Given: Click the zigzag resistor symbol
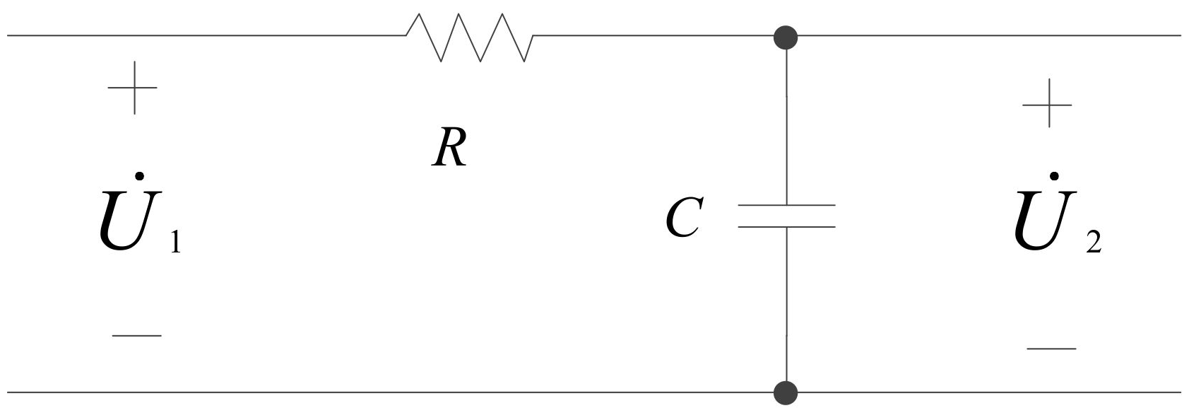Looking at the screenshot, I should coord(470,37).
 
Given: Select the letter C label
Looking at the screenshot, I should coord(682,218).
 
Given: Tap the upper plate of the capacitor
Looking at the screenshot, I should coord(786,206).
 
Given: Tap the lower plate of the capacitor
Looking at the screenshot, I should coord(786,227).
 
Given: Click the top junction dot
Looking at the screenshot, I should coord(786,36).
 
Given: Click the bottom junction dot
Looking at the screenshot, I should coord(786,391).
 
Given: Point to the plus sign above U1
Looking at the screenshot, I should coord(133,88).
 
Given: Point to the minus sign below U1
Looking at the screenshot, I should coord(137,335).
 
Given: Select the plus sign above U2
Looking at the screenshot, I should coord(1048,104).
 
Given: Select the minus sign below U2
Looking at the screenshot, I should coord(1051,349).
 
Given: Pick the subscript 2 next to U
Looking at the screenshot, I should coord(1093,243).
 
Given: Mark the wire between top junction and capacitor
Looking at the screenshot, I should coord(786,120).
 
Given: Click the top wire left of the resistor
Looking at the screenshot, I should coord(205,35).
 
